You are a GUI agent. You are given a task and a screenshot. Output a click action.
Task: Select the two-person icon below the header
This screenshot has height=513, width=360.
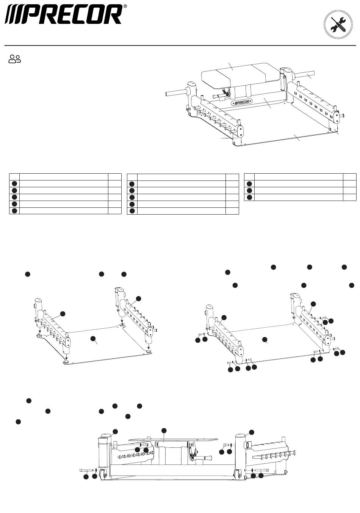[x=15, y=59]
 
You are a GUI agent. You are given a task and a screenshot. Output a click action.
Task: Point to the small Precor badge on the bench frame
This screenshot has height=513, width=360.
[x=242, y=102]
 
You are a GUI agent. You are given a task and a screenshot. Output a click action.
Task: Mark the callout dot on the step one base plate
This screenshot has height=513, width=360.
[x=93, y=338]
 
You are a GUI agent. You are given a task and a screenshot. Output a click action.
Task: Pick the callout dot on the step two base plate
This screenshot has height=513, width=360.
[x=265, y=339]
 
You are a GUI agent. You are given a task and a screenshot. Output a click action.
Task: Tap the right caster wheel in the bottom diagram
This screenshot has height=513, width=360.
[x=238, y=474]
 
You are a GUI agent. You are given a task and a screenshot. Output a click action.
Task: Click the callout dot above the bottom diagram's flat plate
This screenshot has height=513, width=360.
[x=164, y=430]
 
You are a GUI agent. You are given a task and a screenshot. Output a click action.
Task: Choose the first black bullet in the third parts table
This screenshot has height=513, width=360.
[x=249, y=184]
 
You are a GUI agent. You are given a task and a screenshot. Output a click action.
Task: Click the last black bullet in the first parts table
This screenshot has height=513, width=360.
[x=14, y=211]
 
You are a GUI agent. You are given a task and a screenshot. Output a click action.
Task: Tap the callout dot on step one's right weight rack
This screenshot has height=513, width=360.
[x=138, y=298]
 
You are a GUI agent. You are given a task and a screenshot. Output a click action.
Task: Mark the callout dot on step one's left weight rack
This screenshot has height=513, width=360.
[x=63, y=314]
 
